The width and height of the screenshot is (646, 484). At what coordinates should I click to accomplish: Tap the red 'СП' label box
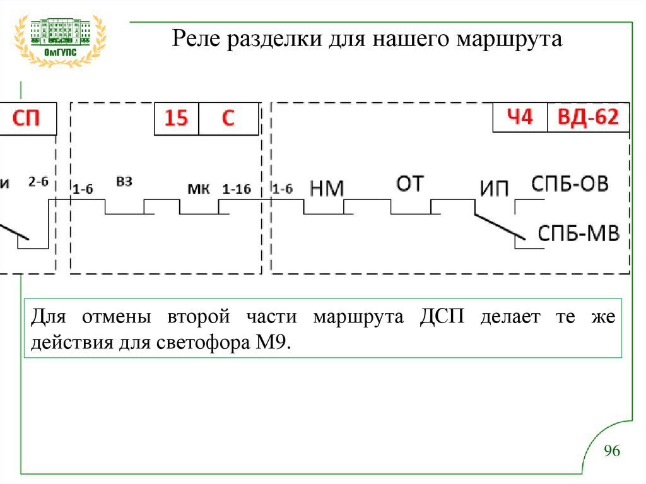(26, 119)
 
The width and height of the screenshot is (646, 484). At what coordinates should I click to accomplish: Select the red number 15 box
(176, 119)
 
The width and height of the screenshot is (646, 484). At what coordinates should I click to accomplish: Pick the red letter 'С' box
(228, 119)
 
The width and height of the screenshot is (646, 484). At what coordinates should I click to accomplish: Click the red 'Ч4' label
(520, 117)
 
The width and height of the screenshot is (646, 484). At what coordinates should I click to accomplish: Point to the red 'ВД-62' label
(587, 117)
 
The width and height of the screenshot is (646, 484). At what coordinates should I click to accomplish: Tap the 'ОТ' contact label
(410, 184)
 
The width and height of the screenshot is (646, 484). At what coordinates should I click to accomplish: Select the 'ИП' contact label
(494, 189)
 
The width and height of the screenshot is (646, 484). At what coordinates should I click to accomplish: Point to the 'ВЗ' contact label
(124, 182)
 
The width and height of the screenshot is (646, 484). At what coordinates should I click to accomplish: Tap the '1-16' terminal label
(237, 189)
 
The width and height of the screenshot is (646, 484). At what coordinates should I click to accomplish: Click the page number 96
(612, 451)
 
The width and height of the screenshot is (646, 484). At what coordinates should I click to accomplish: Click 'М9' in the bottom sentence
(272, 344)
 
